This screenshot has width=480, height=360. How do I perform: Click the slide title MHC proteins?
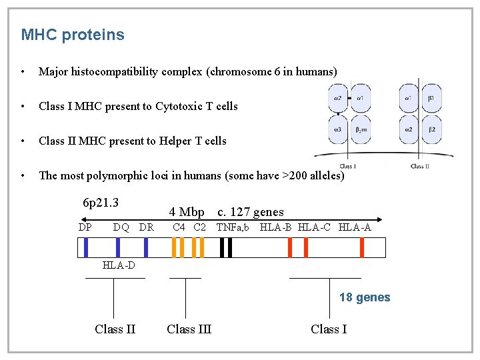tap(73, 35)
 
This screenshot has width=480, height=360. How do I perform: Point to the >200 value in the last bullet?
tap(297, 175)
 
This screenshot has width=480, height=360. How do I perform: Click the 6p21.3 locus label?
tap(100, 202)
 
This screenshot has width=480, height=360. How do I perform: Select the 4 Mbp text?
tap(186, 212)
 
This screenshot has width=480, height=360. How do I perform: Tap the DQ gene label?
tap(121, 227)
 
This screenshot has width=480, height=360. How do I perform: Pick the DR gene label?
tap(147, 227)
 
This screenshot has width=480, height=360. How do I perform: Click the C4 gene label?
tap(179, 227)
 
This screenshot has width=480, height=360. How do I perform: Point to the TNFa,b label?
tap(233, 227)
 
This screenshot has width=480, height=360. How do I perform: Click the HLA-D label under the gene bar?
tap(119, 266)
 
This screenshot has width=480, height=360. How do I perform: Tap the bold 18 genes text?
tap(365, 297)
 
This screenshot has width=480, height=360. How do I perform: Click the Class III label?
tap(189, 329)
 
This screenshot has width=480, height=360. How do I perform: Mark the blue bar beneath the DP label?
tap(86, 247)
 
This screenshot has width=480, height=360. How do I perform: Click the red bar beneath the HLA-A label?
tap(361, 247)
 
